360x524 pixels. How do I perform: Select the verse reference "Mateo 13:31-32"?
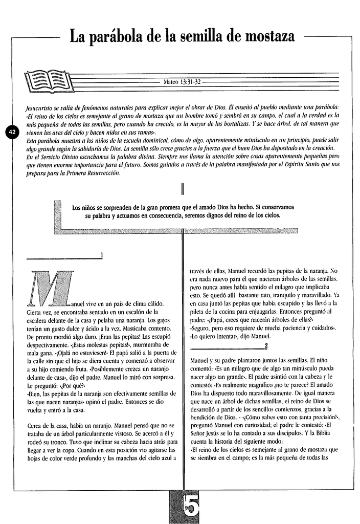(182, 82)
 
